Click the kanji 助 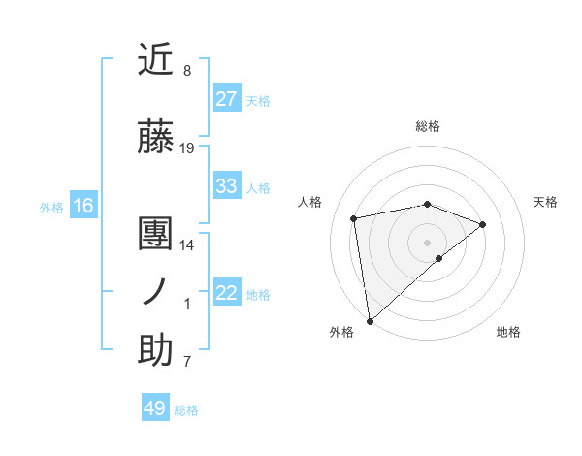coord(155,350)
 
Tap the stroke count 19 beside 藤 coord(187,148)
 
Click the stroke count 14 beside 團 coord(187,245)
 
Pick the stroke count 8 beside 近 coord(187,71)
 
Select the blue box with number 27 coord(227,98)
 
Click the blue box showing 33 coord(227,185)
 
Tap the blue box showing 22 coord(227,293)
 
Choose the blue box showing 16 coord(82,205)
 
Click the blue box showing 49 coord(155,408)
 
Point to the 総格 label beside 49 coord(186,410)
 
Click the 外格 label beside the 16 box coord(51,207)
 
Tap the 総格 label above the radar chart coord(428,126)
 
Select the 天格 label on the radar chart coord(546,202)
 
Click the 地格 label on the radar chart coord(508,332)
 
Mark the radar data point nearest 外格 coord(370,320)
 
